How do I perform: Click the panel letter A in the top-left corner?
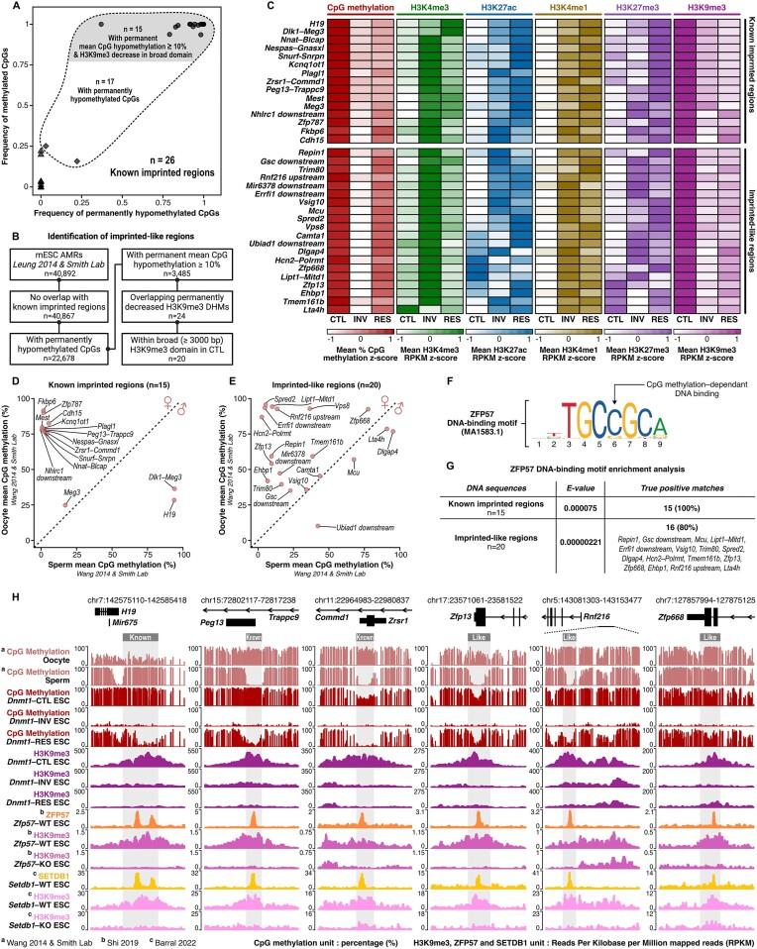click(x=7, y=8)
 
